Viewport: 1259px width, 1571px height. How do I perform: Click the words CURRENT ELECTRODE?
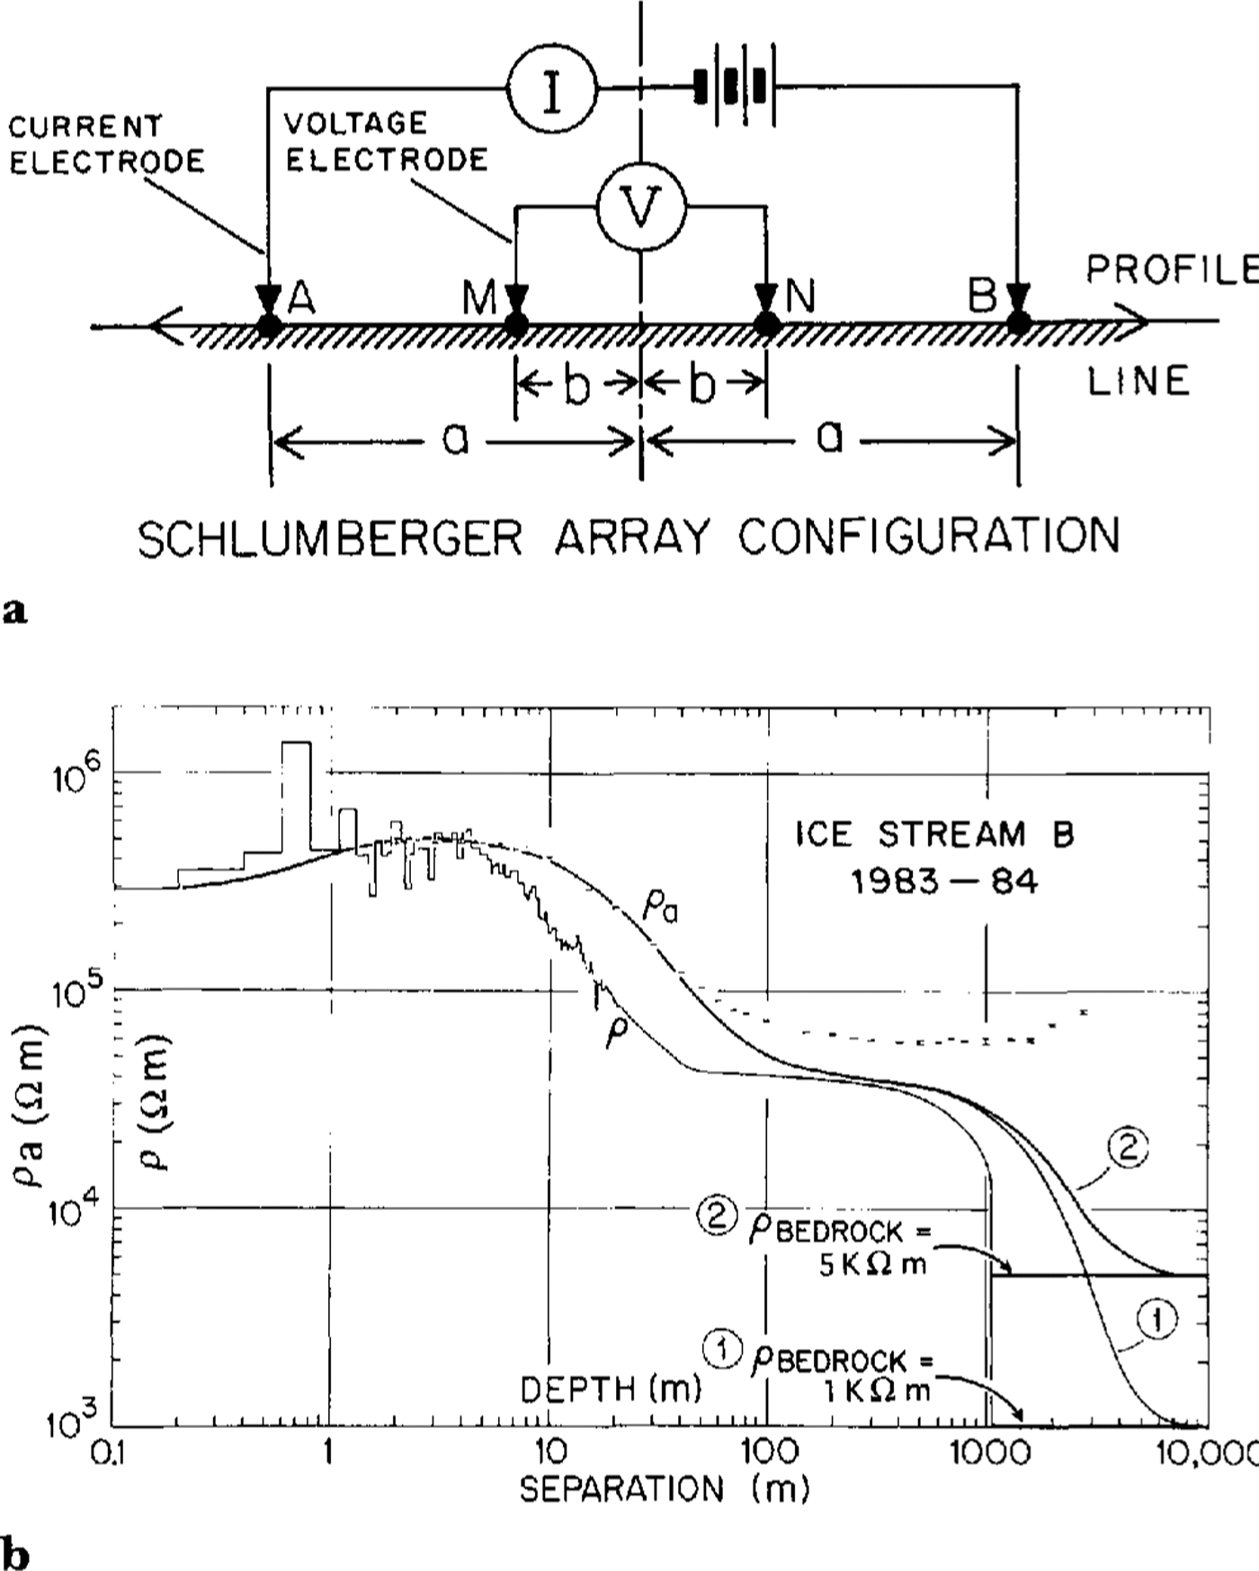[x=106, y=143]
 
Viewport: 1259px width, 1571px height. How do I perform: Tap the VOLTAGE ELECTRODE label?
[x=386, y=141]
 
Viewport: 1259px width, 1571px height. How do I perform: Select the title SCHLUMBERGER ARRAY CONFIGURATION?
[x=629, y=537]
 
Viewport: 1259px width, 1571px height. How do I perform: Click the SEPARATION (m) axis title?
[x=665, y=1489]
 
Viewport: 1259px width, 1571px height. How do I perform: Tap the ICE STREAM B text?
[x=934, y=835]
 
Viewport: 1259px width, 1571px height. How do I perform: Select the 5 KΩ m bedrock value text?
[x=873, y=1264]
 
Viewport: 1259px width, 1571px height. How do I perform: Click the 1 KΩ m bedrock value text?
[x=877, y=1390]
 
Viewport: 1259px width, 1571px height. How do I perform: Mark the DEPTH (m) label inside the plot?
[x=611, y=1389]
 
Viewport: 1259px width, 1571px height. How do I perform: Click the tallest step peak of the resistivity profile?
[x=297, y=744]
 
